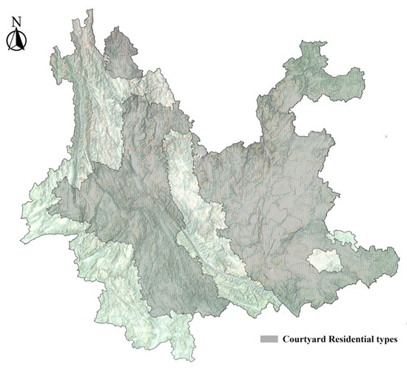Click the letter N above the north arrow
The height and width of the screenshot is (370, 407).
pos(16,23)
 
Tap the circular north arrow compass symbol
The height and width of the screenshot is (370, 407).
pos(16,40)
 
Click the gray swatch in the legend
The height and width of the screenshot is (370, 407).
pos(268,338)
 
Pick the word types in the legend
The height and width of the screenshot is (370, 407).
pos(388,338)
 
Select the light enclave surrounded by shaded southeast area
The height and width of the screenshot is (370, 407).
pos(323,260)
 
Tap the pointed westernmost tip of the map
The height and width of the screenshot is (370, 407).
pos(22,240)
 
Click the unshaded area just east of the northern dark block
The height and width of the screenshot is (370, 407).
pos(159,85)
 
